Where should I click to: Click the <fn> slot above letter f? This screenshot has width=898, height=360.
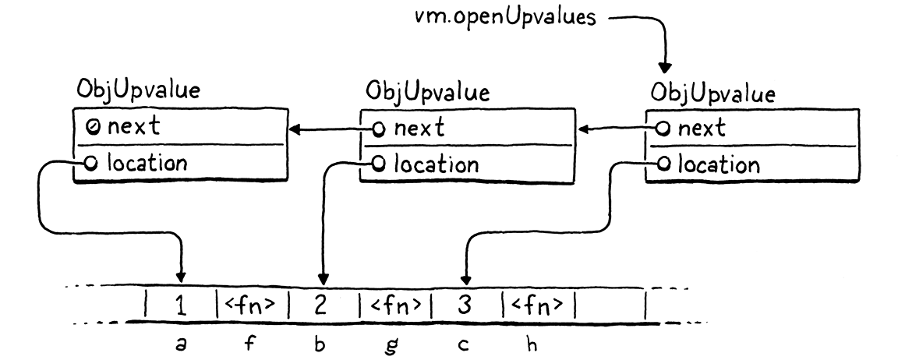(x=250, y=305)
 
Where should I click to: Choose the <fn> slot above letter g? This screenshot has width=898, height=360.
(x=394, y=305)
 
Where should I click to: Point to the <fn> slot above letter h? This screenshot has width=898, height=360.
(x=537, y=305)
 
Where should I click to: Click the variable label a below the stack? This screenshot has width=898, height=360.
(x=181, y=343)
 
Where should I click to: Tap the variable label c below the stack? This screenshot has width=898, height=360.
(x=463, y=344)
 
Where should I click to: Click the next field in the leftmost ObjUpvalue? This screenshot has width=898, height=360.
(x=131, y=127)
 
